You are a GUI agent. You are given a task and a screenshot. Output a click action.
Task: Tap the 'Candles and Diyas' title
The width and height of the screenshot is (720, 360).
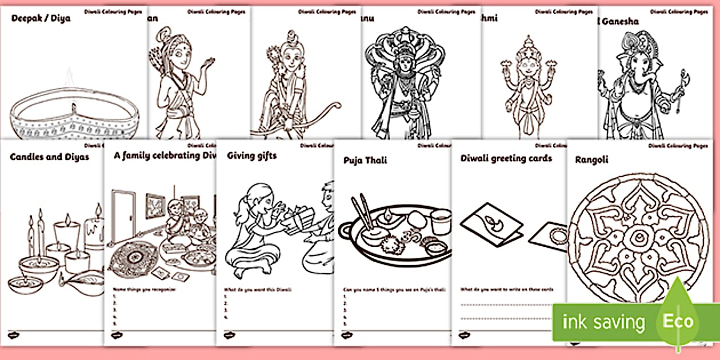(x=49, y=157)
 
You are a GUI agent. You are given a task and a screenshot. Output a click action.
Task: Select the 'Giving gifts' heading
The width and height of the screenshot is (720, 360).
(x=251, y=155)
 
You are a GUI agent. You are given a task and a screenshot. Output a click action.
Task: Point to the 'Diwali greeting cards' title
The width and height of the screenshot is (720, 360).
(x=506, y=158)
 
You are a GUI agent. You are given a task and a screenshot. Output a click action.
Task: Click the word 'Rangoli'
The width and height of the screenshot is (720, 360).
(x=591, y=160)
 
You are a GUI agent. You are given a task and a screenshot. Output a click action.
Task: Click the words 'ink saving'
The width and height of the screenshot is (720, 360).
(x=603, y=323)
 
